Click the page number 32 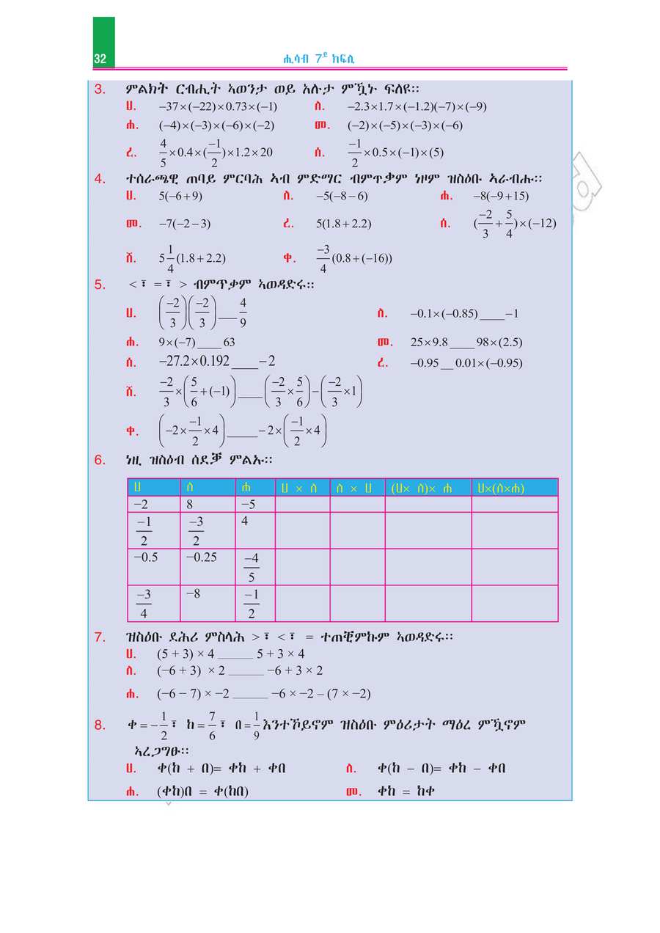100,59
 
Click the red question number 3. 100,89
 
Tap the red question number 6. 100,460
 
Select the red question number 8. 100,725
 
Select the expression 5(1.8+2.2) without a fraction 343,224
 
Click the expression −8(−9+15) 501,197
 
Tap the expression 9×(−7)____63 197,343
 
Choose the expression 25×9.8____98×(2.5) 466,343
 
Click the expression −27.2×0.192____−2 217,362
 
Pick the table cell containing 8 208,505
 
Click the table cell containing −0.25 208,566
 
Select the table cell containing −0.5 153,566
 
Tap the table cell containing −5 254,505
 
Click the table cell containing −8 208,603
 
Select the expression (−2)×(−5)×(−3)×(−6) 405,125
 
